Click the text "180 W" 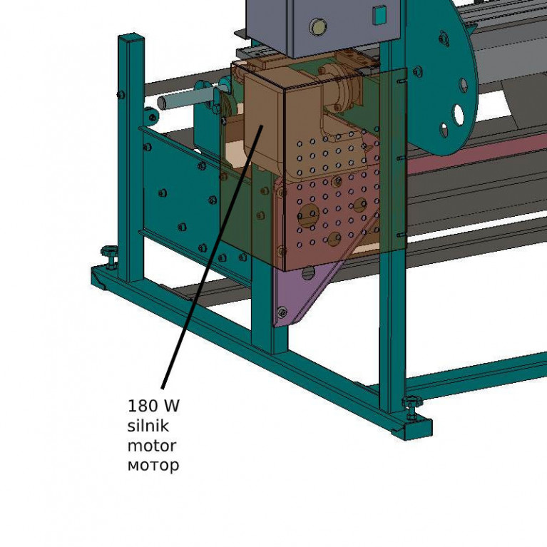(x=153, y=406)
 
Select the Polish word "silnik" (x=148, y=426)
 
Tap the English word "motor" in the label (x=152, y=446)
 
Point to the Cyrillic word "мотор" (x=153, y=466)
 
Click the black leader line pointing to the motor (x=212, y=257)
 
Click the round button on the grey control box (x=318, y=27)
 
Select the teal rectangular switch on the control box (x=379, y=16)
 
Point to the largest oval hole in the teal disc (x=459, y=115)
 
